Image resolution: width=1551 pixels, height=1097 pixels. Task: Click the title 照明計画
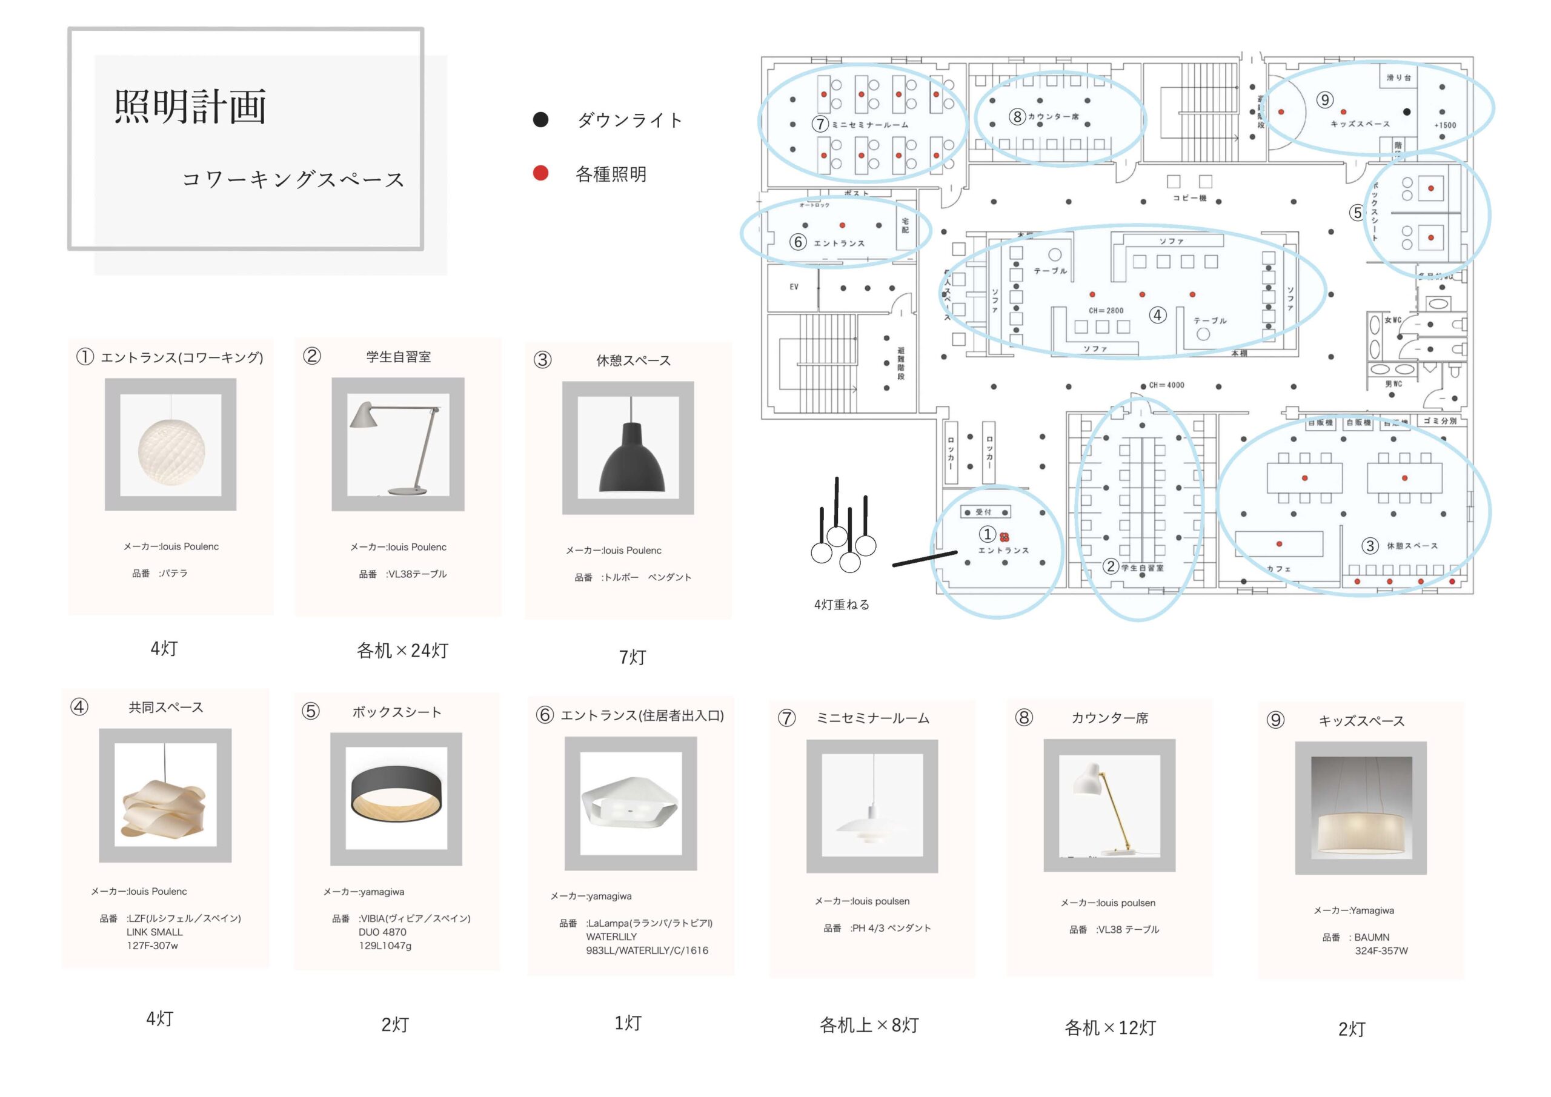click(190, 107)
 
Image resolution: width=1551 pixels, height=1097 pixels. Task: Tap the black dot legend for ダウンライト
click(540, 119)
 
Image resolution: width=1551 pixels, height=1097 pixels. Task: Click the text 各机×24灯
click(403, 651)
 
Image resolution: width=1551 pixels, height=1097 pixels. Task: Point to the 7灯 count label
click(633, 657)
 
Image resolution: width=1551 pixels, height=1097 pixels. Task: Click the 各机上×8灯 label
click(869, 1026)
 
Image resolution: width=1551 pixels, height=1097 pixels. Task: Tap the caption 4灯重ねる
click(842, 605)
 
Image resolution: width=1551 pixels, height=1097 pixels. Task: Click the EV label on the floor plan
click(794, 287)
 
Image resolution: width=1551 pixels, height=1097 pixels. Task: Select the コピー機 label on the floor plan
click(1189, 198)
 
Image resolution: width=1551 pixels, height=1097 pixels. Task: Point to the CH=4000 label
click(1167, 385)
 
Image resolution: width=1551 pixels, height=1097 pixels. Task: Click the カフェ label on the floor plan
click(1278, 569)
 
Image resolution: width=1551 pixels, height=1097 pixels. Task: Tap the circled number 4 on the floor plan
click(1158, 316)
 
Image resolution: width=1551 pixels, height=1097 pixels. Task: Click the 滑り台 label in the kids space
click(1399, 78)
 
